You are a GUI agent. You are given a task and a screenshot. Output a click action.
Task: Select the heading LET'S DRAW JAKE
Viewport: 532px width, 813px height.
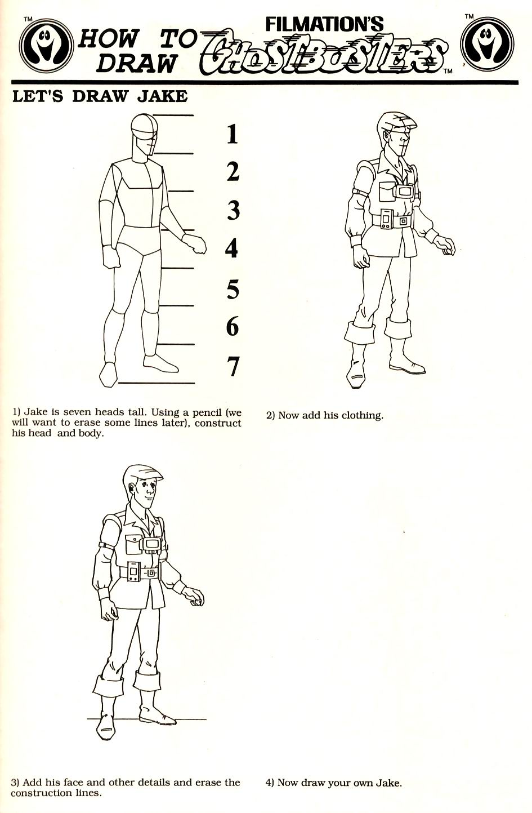pos(100,96)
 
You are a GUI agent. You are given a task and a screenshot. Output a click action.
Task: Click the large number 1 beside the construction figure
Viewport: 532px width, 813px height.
pos(232,134)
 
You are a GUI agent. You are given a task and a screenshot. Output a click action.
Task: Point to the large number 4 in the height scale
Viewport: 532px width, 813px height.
pos(231,248)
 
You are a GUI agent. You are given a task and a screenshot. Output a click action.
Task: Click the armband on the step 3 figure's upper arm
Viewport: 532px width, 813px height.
pos(105,546)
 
